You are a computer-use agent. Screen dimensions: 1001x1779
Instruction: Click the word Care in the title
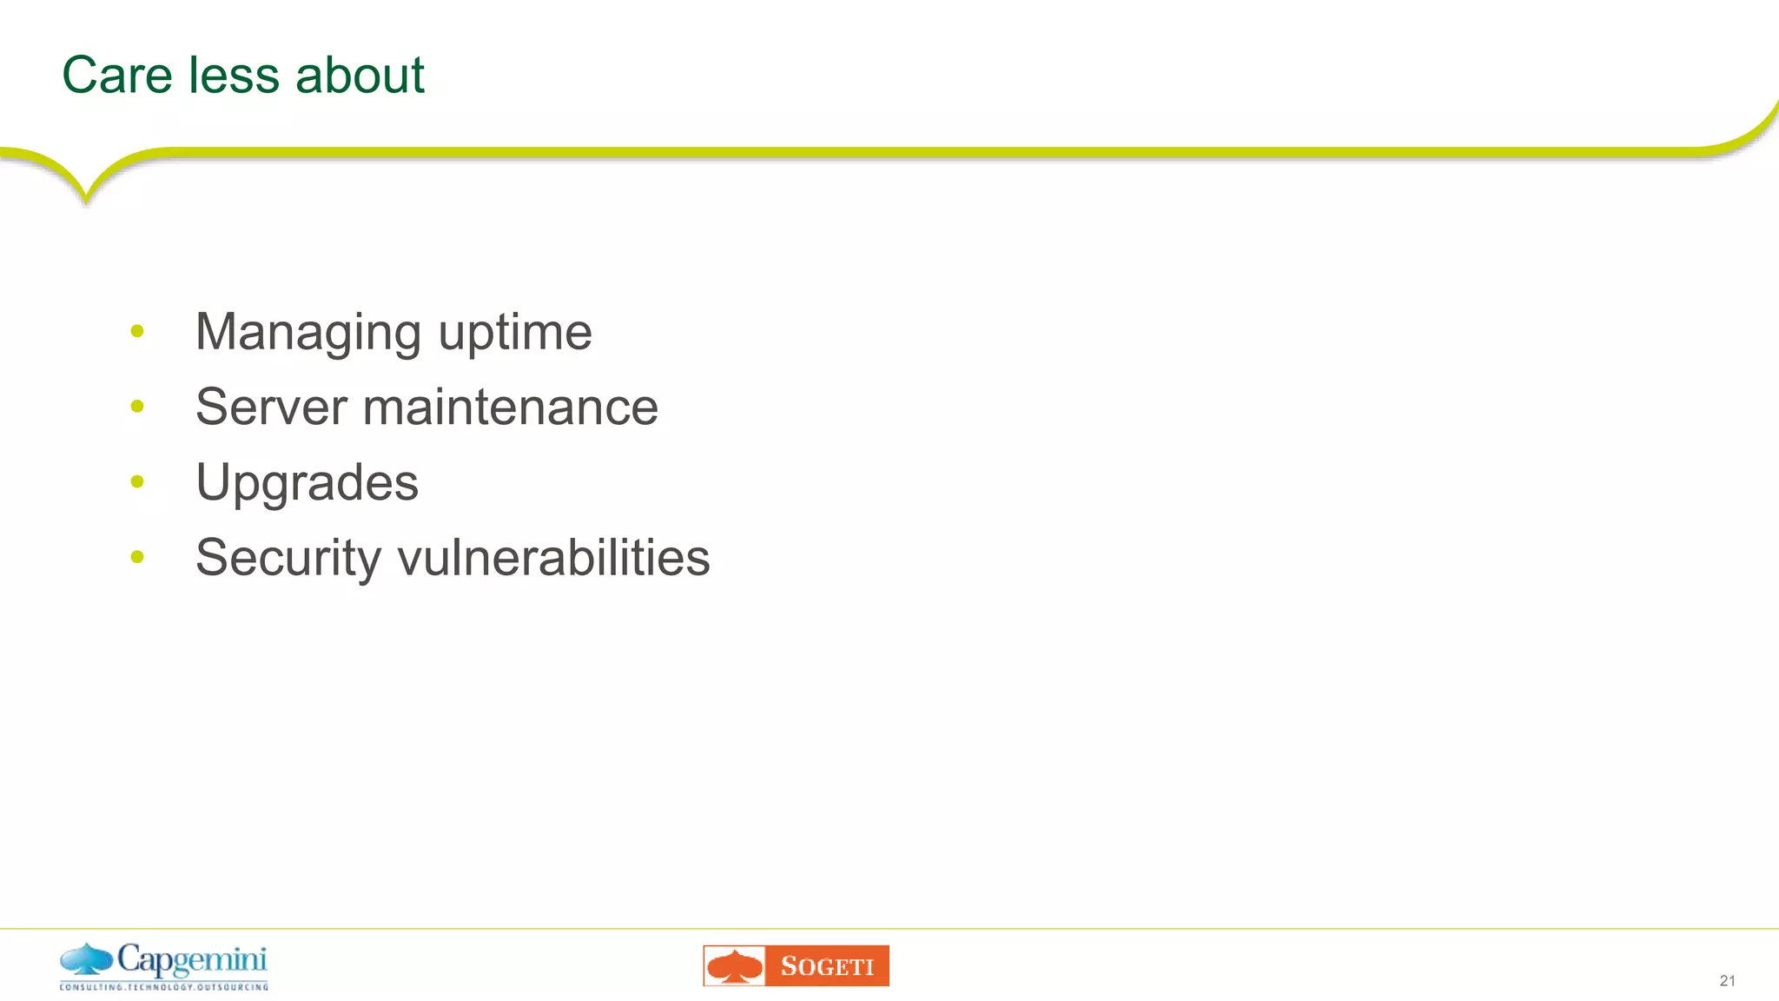click(x=117, y=75)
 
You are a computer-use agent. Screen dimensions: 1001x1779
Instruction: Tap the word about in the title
click(x=360, y=75)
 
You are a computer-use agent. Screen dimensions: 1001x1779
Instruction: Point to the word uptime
click(x=515, y=333)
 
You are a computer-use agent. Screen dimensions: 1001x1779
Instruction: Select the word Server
click(x=271, y=407)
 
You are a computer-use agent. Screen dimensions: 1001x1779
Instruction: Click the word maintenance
click(x=511, y=407)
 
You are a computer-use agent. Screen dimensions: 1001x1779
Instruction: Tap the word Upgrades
click(x=307, y=483)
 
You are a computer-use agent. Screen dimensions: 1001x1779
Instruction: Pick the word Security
click(x=288, y=558)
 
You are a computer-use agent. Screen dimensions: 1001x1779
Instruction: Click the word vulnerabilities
click(x=553, y=558)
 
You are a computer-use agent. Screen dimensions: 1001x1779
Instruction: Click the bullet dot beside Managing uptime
click(x=137, y=331)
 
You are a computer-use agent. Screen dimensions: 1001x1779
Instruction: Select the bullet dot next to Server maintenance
click(x=137, y=406)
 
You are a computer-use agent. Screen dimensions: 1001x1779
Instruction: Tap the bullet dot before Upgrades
click(x=137, y=481)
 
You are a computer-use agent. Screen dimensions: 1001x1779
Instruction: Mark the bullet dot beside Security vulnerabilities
click(x=137, y=556)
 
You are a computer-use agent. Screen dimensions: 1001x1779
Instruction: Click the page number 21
click(x=1727, y=981)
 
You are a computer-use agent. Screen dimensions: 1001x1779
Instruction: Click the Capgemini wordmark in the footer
click(x=192, y=961)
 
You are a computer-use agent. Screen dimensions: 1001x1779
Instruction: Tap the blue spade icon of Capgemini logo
click(x=87, y=959)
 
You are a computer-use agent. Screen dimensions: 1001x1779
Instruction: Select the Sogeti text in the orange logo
click(x=827, y=966)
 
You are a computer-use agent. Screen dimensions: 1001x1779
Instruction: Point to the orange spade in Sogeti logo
click(x=735, y=966)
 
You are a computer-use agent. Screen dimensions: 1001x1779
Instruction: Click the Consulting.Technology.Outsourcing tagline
click(x=164, y=987)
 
